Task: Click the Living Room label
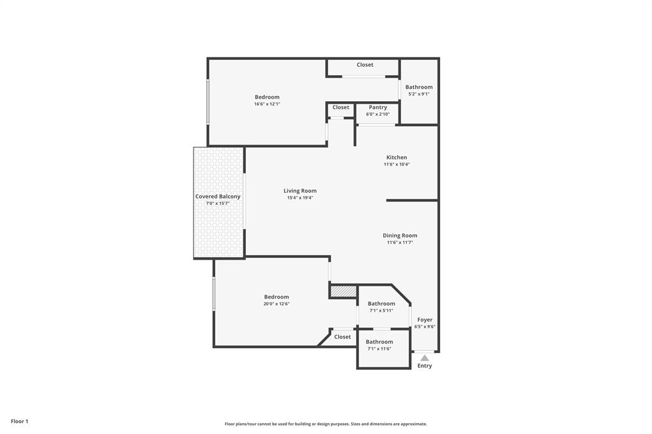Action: coord(300,191)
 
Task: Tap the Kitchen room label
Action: coord(397,157)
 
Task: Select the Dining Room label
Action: coord(400,235)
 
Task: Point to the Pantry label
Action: coord(378,108)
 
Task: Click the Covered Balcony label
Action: coord(218,196)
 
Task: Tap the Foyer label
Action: coord(425,319)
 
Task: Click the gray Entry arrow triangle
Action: coord(425,358)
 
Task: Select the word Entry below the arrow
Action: coord(425,366)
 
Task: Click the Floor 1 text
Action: coord(20,421)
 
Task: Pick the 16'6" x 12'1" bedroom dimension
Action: coord(267,104)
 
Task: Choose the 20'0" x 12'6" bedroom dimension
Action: coord(276,304)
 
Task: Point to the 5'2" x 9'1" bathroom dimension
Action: coord(419,94)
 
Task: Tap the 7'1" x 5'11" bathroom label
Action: coord(381,311)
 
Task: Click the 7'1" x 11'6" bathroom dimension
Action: coord(379,349)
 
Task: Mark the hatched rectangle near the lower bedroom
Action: coord(343,291)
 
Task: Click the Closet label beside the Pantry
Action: coord(341,108)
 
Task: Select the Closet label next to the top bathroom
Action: coord(365,65)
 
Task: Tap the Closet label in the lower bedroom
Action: coord(343,337)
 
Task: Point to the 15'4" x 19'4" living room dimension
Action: coord(300,198)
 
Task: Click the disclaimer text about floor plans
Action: coord(326,424)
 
